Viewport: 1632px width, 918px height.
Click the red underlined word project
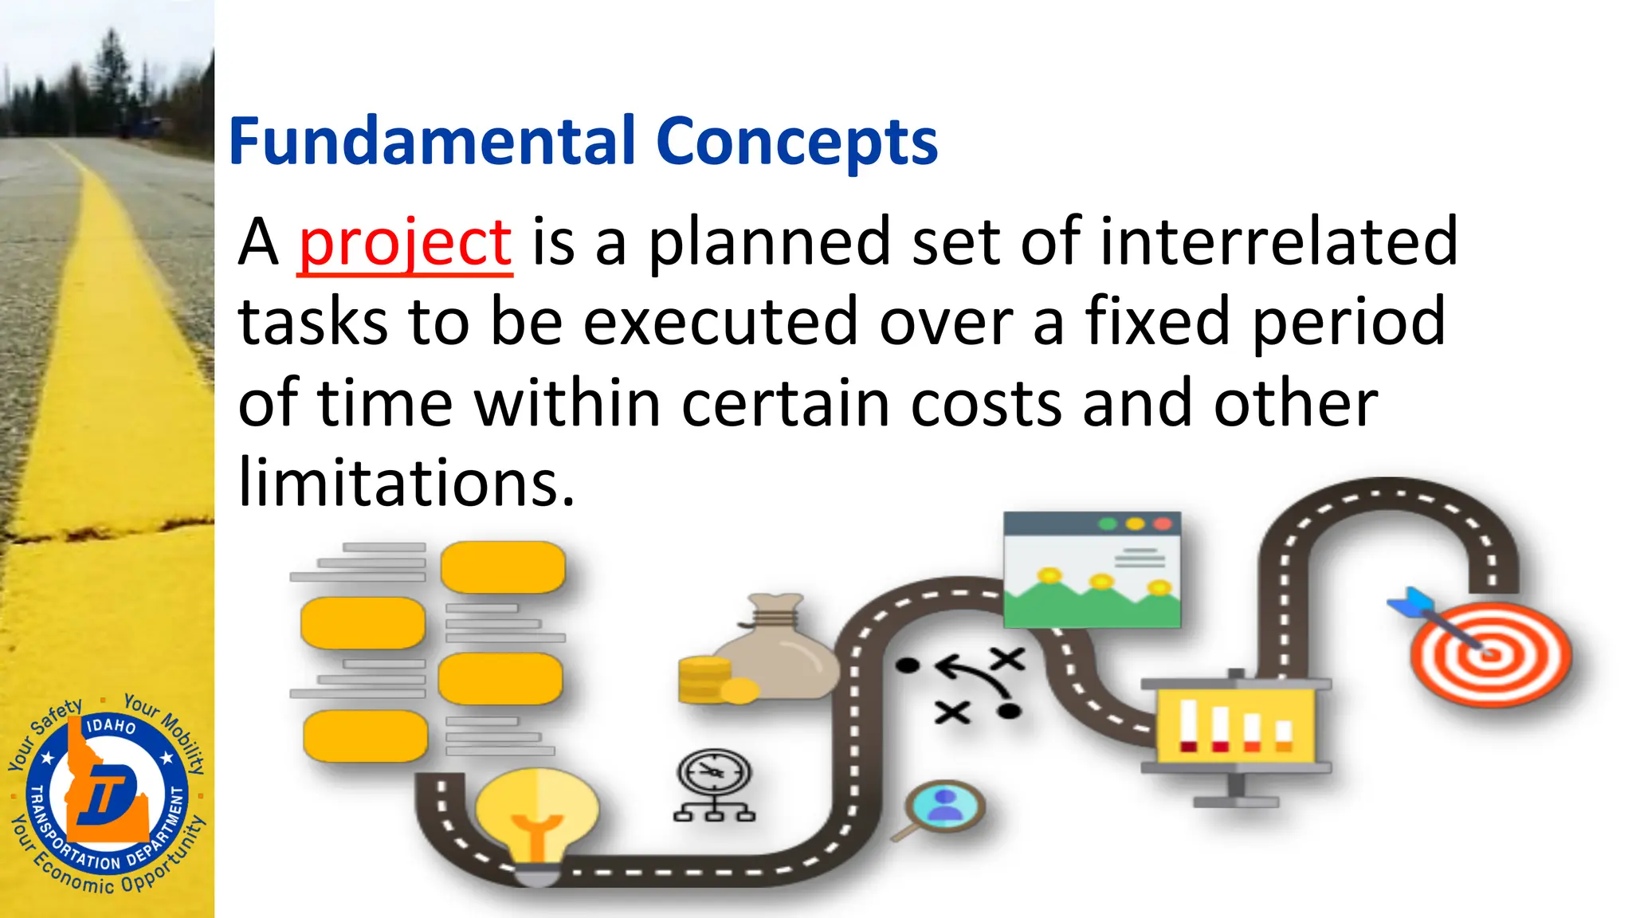[x=405, y=242]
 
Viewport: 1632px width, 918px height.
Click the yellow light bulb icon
[x=536, y=817]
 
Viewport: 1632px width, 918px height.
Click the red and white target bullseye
[x=1491, y=655]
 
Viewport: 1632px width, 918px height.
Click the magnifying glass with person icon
[x=945, y=806]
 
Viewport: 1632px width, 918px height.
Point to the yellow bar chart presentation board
[x=1235, y=725]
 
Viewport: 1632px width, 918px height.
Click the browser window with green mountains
[x=1092, y=570]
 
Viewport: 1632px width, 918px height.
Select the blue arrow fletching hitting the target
[x=1409, y=603]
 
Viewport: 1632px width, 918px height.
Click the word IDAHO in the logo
[x=111, y=726]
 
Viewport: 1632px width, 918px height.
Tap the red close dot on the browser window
[x=1163, y=524]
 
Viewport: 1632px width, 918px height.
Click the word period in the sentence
[x=1348, y=321]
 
